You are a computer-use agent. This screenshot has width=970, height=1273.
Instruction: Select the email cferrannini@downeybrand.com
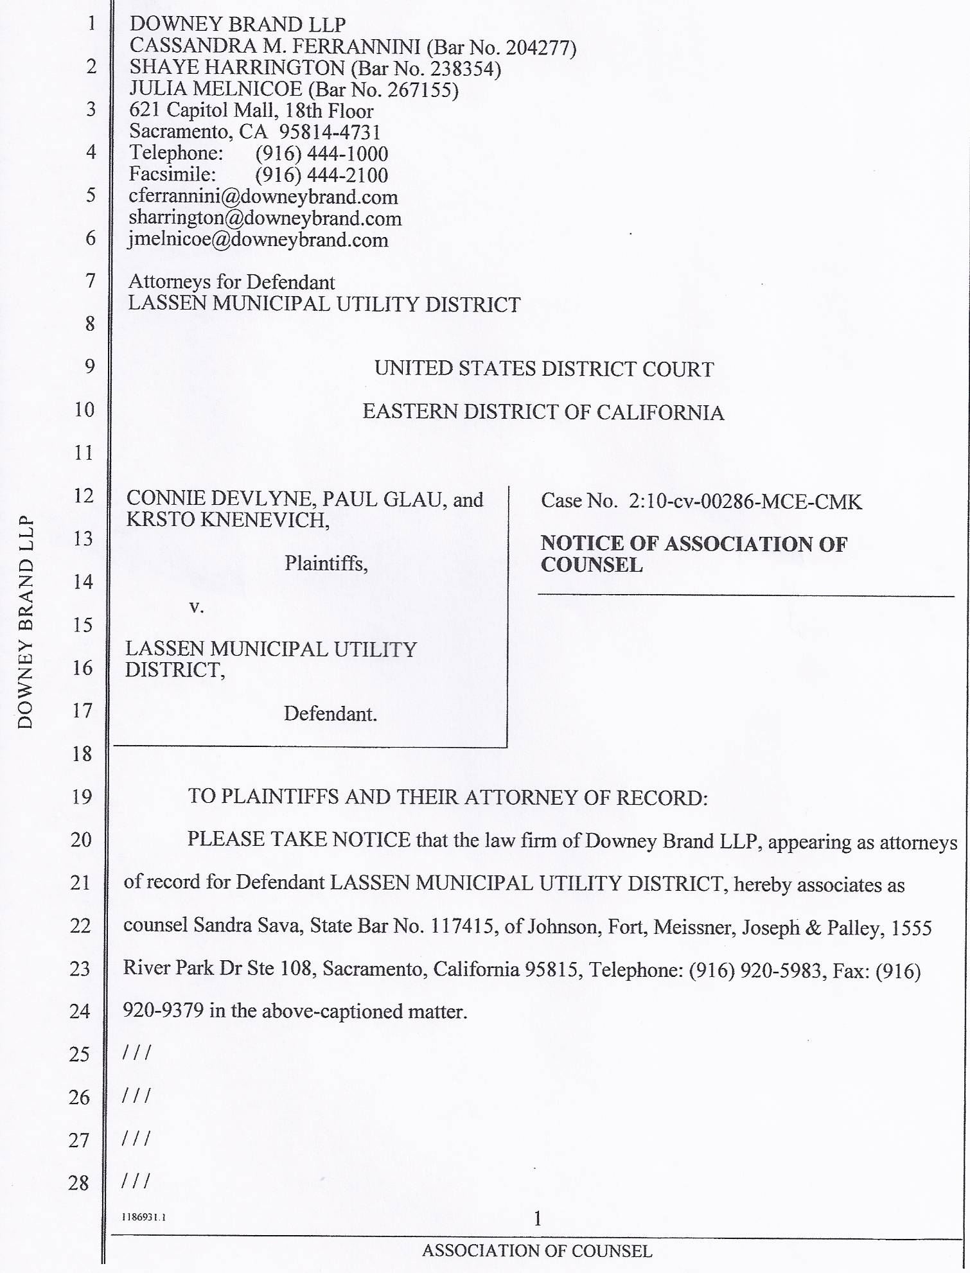263,197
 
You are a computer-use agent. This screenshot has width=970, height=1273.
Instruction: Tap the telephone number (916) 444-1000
322,154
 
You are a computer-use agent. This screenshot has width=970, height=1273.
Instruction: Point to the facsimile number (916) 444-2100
322,175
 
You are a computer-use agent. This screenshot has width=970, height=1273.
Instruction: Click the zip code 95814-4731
330,132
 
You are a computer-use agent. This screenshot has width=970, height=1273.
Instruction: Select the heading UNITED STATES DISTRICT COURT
544,369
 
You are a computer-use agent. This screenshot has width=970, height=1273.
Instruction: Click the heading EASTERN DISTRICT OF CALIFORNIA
543,412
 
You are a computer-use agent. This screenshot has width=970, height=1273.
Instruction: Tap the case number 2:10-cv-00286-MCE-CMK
745,501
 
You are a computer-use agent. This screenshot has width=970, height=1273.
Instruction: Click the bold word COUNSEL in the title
592,565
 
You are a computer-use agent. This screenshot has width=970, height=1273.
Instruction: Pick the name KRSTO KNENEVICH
227,520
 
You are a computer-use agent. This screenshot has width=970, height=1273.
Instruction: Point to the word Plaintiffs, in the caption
326,563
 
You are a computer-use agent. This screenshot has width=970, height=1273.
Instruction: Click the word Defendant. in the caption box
330,714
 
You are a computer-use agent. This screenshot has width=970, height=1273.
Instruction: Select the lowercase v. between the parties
197,607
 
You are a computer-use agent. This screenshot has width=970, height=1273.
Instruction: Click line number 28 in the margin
78,1182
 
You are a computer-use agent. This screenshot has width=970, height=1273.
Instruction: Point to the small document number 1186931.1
145,1216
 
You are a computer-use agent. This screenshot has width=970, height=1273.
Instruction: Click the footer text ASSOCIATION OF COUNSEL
537,1251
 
